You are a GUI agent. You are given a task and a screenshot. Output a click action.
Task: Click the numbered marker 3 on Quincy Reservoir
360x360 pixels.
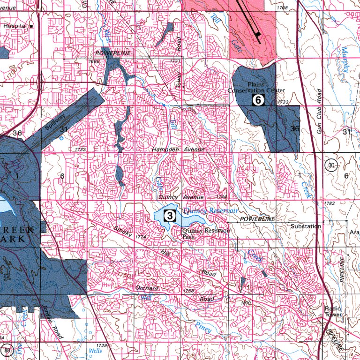point(169,216)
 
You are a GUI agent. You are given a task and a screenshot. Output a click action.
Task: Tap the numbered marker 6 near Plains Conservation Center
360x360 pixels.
point(258,99)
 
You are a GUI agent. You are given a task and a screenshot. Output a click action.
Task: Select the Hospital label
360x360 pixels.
point(15,26)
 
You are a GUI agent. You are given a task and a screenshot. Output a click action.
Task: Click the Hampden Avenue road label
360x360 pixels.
point(178,149)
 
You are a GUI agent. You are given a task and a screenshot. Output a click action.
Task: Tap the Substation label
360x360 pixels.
point(306,226)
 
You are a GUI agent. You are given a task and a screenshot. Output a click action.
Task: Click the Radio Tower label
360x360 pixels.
point(333,312)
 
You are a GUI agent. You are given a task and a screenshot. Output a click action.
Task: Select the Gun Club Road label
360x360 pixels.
point(319,111)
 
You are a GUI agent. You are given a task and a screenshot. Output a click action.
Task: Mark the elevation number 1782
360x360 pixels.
point(330,203)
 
